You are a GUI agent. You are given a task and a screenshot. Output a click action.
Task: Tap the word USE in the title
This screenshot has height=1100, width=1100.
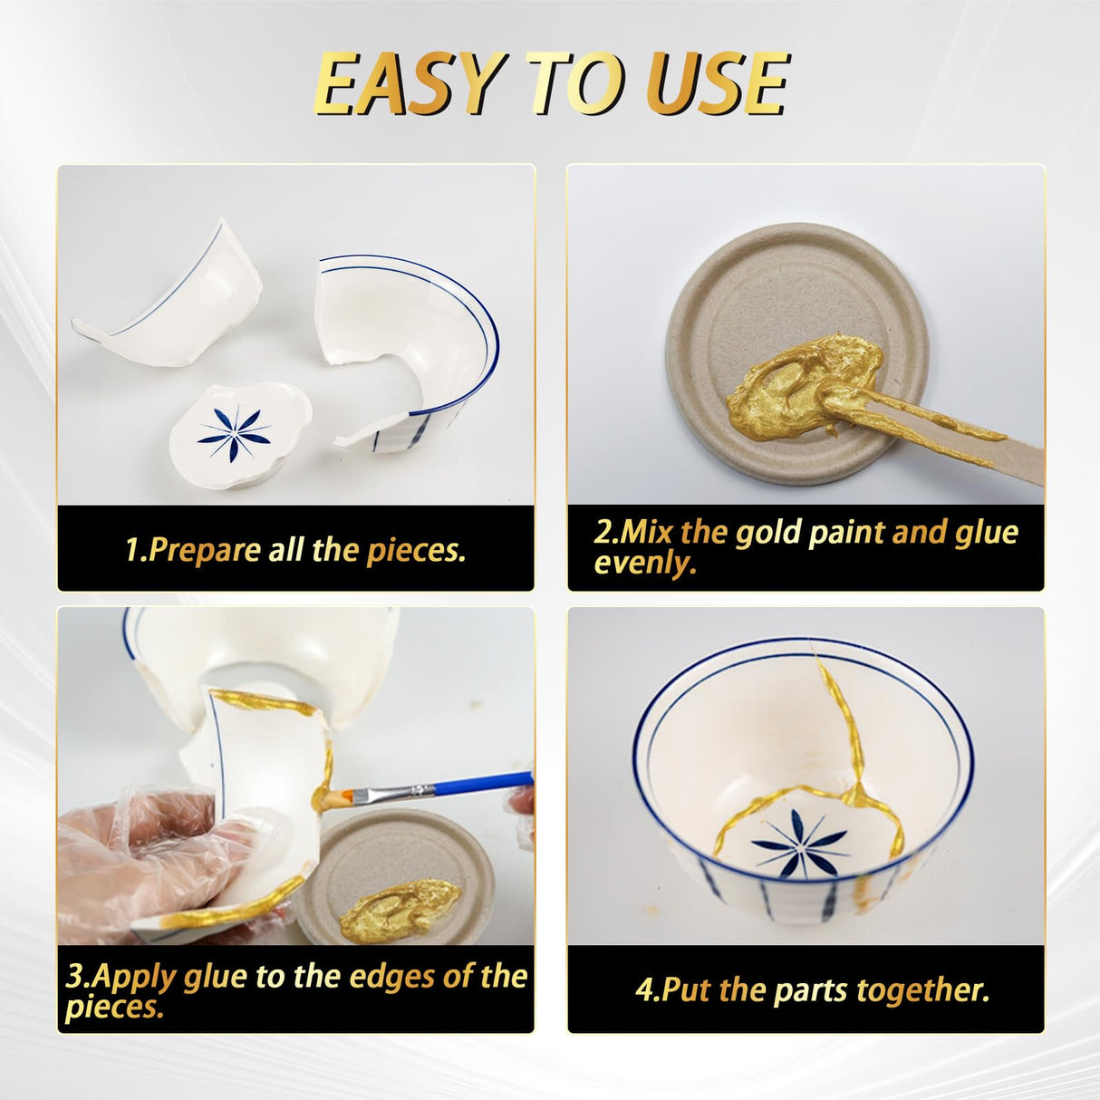point(720,84)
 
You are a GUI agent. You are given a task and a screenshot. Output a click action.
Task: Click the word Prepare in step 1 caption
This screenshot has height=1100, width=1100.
point(205,550)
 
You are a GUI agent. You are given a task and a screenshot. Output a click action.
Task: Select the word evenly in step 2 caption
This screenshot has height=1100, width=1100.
point(644,564)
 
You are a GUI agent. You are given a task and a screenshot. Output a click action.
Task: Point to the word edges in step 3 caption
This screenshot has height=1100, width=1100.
point(391,977)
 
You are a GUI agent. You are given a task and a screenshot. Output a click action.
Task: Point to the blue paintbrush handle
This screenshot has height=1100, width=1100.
point(462,784)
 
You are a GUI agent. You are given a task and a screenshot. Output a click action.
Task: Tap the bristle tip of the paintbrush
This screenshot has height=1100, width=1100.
point(336,800)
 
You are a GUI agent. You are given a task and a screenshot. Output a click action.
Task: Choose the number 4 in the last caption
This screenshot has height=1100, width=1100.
point(644,990)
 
